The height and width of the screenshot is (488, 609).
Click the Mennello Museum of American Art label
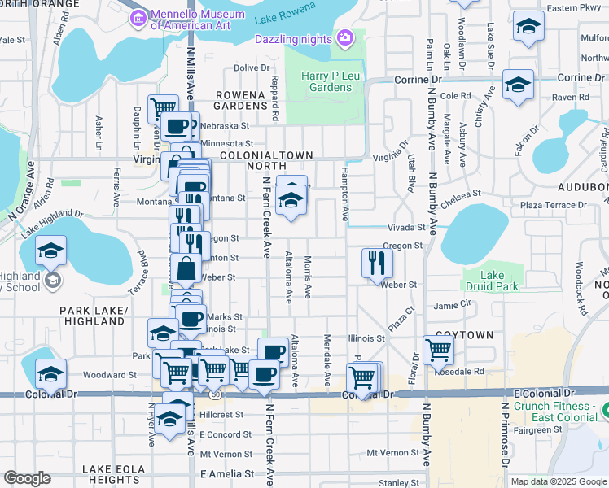pos(198,16)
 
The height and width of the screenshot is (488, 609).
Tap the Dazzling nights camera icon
pos(345,37)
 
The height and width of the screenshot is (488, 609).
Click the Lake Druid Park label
pos(483,281)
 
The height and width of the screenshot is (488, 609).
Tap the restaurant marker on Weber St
pos(377,264)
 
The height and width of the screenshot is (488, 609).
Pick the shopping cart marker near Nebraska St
pos(164,107)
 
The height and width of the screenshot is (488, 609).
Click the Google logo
pos(27,478)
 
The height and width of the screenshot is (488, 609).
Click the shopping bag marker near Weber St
pos(187,268)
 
